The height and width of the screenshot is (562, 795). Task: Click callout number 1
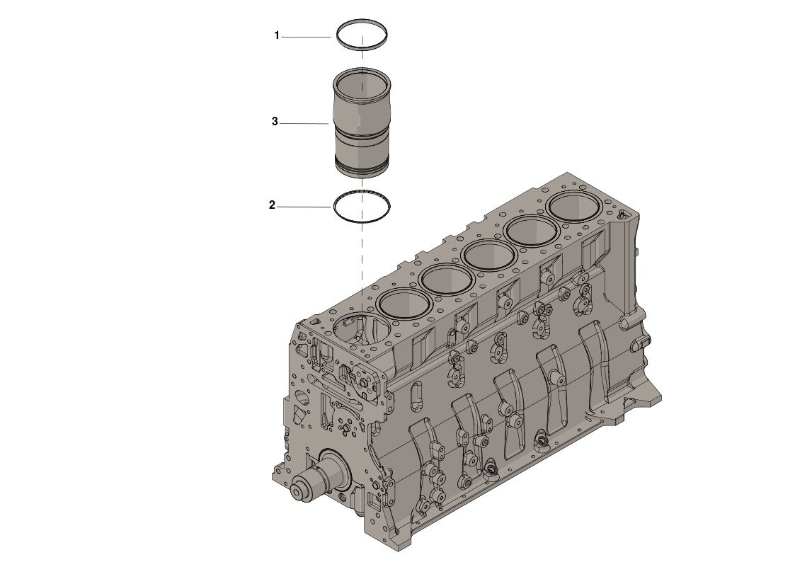(278, 35)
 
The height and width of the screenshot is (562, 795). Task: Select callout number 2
(272, 206)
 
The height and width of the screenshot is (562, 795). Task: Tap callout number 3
(275, 122)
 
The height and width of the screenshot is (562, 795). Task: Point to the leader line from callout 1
(306, 36)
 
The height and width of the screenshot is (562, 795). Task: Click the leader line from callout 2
(304, 207)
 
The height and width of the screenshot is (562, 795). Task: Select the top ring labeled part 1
(362, 24)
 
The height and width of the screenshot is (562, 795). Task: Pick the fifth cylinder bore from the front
(532, 230)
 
